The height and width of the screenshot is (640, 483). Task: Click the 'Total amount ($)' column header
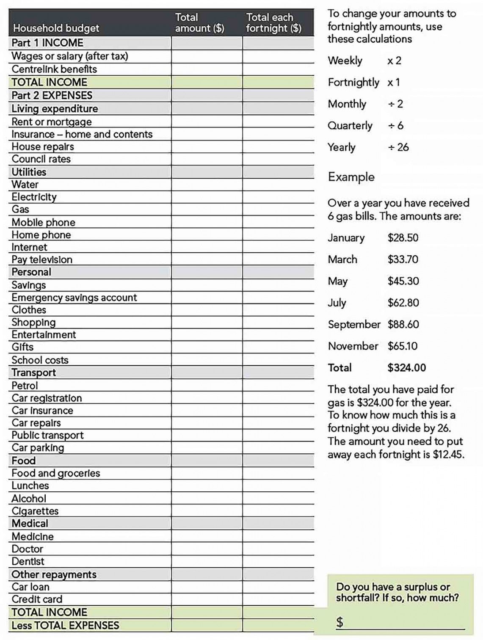[199, 23]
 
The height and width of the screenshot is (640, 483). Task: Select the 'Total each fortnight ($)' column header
[273, 23]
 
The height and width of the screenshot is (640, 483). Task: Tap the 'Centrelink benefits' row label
[54, 69]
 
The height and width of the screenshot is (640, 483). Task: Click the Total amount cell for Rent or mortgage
[207, 122]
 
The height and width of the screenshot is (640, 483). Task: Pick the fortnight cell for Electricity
[278, 197]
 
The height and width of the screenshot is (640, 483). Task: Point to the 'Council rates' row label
[41, 159]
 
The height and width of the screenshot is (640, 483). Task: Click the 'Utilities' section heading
[29, 172]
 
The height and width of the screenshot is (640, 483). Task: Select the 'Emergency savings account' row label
[74, 298]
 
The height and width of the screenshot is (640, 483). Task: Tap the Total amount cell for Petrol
[207, 386]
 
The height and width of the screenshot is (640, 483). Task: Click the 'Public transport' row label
[47, 436]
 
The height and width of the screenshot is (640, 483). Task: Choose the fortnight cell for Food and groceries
[278, 473]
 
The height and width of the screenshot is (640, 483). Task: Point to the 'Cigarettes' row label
[35, 511]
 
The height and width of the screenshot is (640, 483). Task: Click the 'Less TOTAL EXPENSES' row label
[65, 626]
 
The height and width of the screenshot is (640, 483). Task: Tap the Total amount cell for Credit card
[207, 599]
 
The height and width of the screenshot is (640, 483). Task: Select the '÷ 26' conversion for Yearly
[398, 147]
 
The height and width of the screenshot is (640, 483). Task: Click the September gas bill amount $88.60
[403, 325]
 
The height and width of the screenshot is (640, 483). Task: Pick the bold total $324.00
[406, 368]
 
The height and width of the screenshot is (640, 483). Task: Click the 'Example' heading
[351, 177]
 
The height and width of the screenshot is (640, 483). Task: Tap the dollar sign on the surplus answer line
[339, 622]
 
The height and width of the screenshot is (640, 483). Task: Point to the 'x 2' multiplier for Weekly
[394, 61]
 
